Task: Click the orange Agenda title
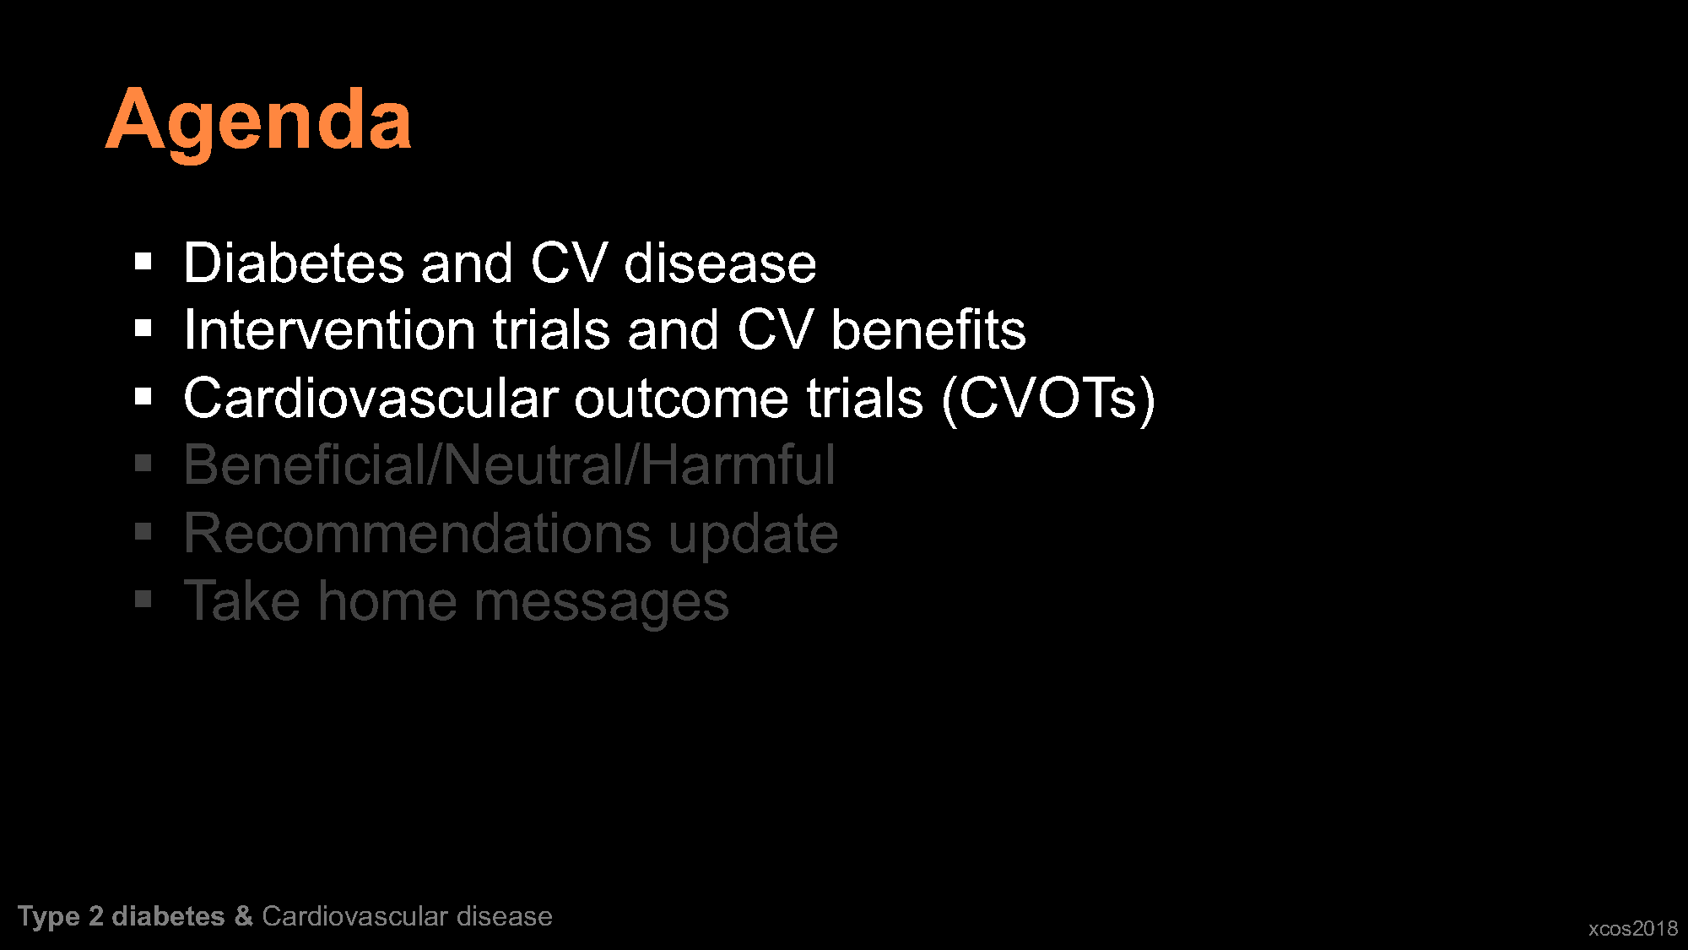258,121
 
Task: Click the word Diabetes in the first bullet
294,263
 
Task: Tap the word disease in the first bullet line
720,263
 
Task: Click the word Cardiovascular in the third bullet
371,398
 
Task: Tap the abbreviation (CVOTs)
1048,399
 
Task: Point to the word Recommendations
418,534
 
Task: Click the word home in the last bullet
387,601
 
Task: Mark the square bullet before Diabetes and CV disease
143,262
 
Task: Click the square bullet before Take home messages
143,600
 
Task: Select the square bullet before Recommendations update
143,532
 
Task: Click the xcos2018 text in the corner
1633,929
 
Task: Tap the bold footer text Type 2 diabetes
122,917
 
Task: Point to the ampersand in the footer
244,916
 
